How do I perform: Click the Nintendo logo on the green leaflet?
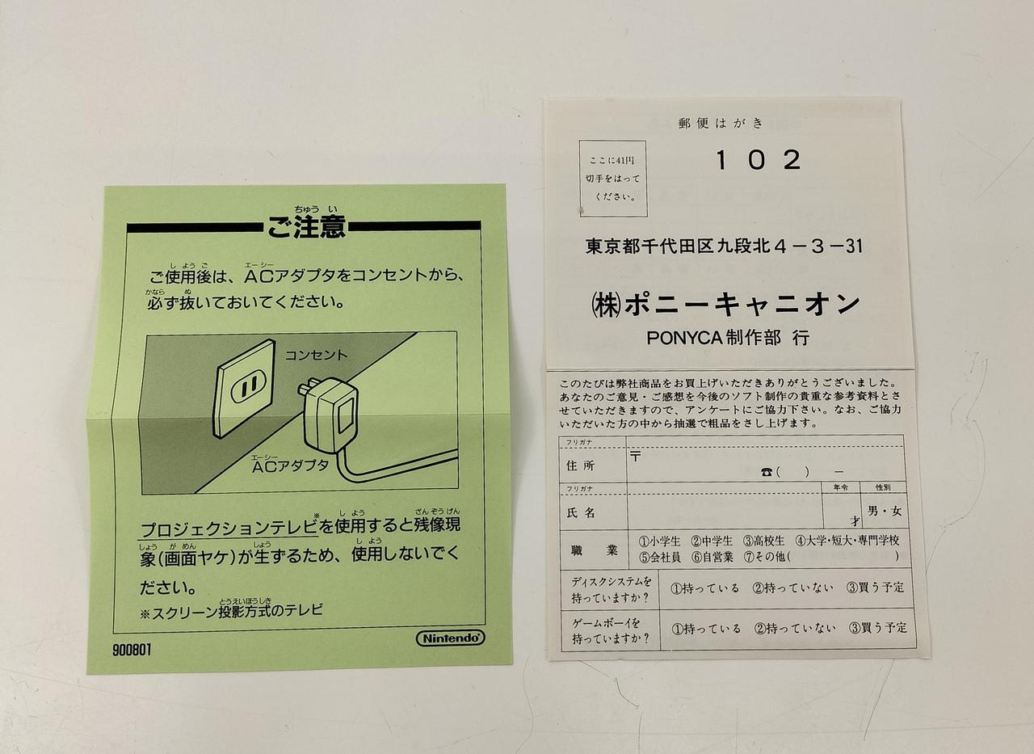tap(451, 638)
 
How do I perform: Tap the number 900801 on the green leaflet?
tap(132, 650)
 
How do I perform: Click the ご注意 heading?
tap(306, 227)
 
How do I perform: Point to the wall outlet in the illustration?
tap(244, 388)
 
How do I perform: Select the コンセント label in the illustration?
tap(316, 355)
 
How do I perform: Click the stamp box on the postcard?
tap(612, 179)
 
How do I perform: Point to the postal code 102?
tap(758, 160)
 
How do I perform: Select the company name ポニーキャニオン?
tap(742, 305)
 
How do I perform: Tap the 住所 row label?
tap(580, 465)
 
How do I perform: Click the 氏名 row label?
tap(581, 512)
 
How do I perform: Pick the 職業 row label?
tap(594, 550)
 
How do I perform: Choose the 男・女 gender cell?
tap(885, 511)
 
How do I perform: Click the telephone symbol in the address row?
tap(767, 472)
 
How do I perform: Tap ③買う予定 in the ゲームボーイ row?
tap(877, 627)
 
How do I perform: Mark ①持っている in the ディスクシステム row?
tap(704, 588)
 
